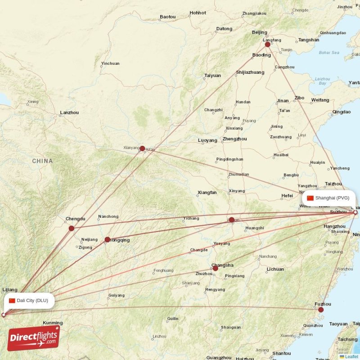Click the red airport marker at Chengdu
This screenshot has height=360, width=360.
click(71, 228)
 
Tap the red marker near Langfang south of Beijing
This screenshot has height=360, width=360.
click(267, 44)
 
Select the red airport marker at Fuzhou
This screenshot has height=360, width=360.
click(321, 310)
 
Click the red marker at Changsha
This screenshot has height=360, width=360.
click(215, 268)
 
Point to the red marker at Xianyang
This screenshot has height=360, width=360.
click(142, 148)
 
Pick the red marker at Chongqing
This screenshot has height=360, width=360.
click(107, 239)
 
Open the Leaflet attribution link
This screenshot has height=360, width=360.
click(351, 356)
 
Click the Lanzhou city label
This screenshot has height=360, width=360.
click(69, 112)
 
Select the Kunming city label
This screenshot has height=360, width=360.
click(53, 323)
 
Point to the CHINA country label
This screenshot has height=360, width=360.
click(42, 161)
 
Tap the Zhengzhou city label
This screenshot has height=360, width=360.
click(234, 139)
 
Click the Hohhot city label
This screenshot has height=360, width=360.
click(198, 13)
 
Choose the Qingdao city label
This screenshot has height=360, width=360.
click(342, 112)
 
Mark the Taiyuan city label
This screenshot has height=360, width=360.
click(212, 76)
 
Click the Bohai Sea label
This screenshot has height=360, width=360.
click(329, 53)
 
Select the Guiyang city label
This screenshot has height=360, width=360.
click(116, 296)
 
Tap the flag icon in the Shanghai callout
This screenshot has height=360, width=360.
click(310, 198)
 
